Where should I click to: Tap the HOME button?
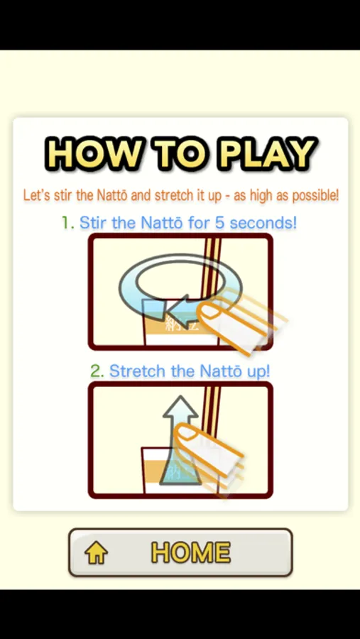coord(180,552)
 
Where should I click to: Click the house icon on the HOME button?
coord(97,553)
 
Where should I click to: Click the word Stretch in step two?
coord(137,371)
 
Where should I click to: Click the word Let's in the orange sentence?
coord(36,195)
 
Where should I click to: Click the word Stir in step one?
coord(92,223)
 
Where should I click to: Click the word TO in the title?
coord(182,155)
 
